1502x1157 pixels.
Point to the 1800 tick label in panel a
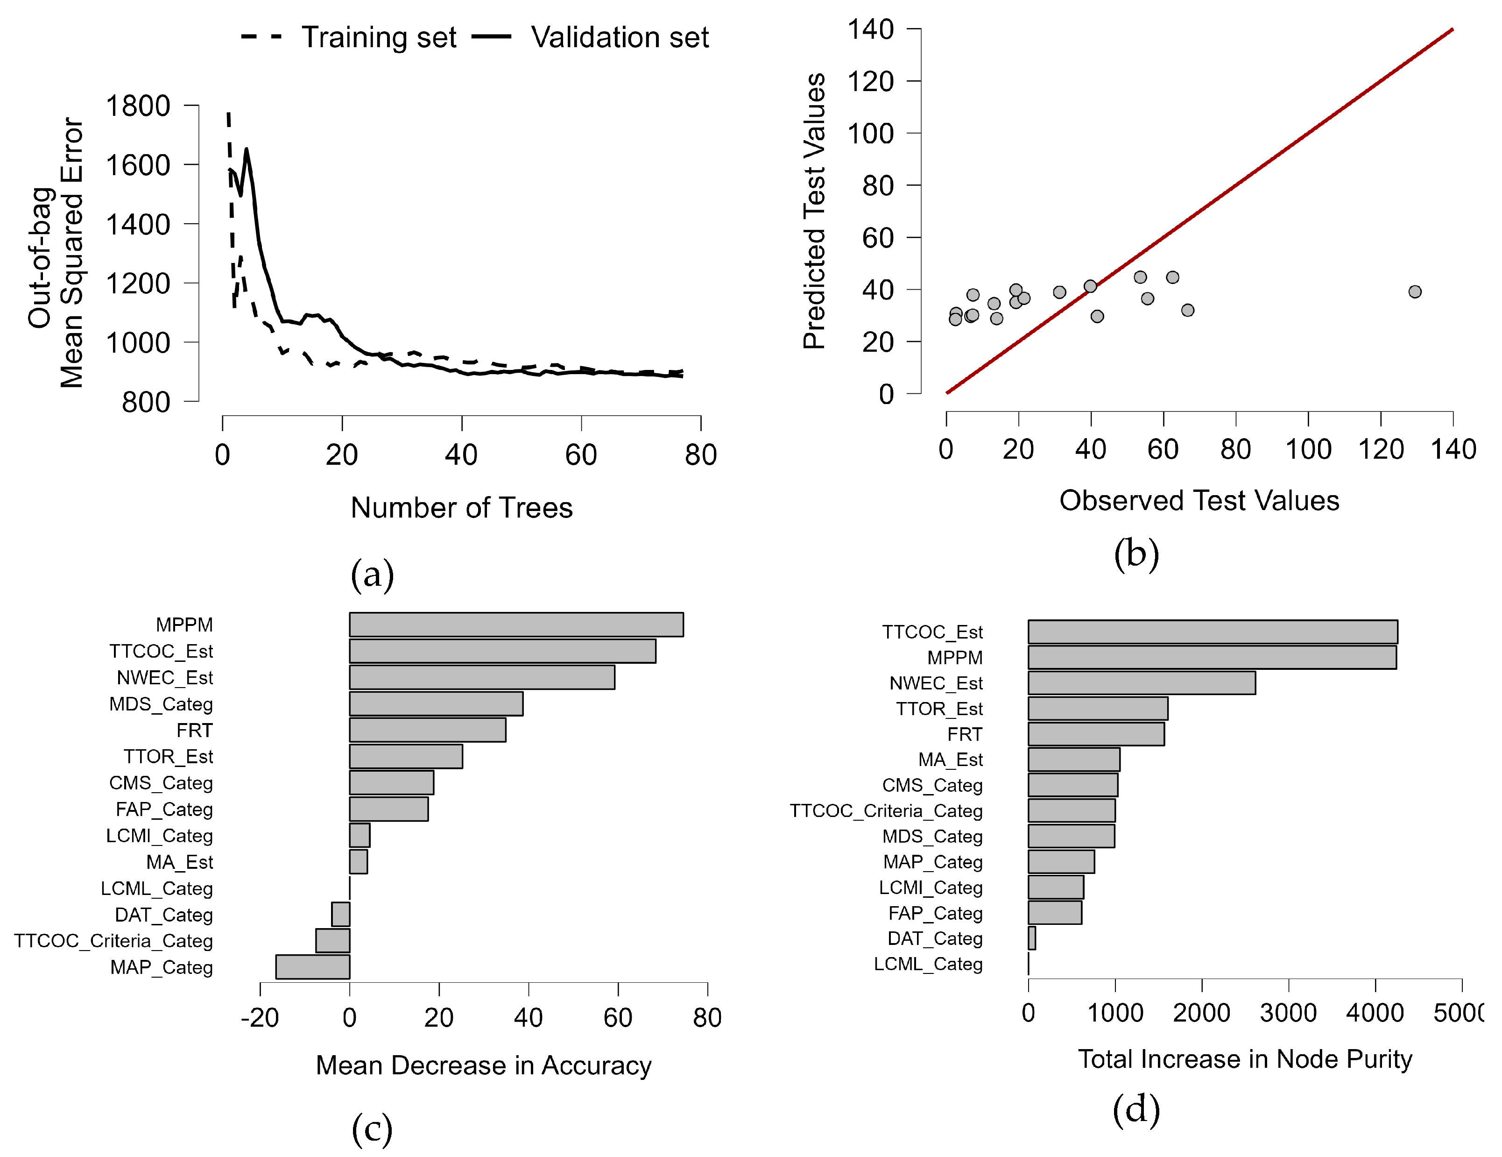tap(138, 106)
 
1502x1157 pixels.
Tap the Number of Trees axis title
tap(461, 508)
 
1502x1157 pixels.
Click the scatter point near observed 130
tap(1415, 291)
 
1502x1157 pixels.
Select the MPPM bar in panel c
tap(516, 625)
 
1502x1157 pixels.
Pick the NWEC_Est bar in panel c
tap(481, 678)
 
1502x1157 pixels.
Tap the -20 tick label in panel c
tap(260, 1017)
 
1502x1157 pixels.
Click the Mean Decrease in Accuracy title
tap(484, 1065)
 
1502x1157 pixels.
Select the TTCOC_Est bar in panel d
tap(1213, 632)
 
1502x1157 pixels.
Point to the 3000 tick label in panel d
tap(1288, 1013)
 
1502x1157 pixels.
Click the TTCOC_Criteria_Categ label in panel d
tap(886, 810)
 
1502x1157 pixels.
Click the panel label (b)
tap(1136, 554)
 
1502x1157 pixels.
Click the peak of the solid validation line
tap(246, 149)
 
